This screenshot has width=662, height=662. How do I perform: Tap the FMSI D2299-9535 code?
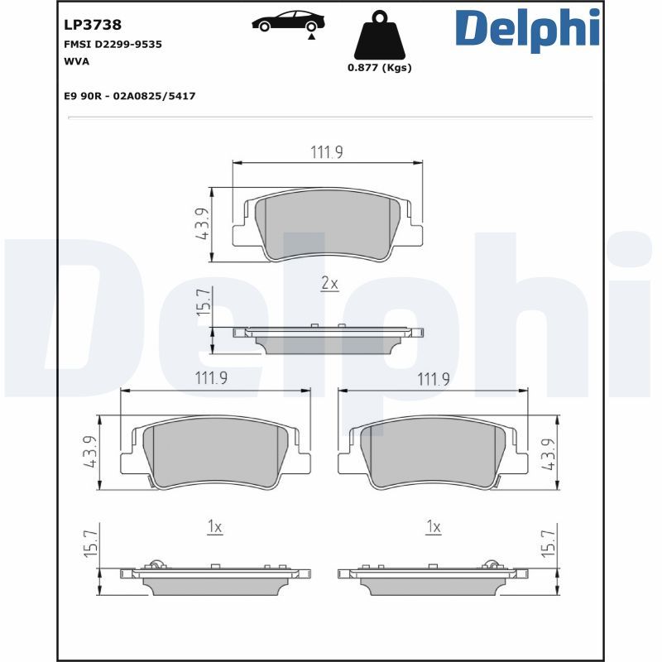click(x=113, y=44)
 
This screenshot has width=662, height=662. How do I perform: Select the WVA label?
click(x=77, y=61)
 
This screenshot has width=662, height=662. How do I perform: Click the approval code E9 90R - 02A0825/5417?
click(x=129, y=96)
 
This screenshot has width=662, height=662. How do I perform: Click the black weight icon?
click(x=379, y=36)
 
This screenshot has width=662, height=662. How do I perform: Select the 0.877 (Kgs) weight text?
click(x=379, y=68)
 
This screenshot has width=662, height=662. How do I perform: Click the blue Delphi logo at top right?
click(x=526, y=29)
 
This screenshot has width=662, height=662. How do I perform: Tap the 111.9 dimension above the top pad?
click(x=327, y=151)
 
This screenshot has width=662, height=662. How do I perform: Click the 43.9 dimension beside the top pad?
click(x=201, y=223)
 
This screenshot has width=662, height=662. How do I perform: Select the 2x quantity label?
click(x=329, y=284)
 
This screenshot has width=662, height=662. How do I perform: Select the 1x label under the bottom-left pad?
click(x=214, y=526)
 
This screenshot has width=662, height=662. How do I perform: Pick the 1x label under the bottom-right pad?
click(x=433, y=526)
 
